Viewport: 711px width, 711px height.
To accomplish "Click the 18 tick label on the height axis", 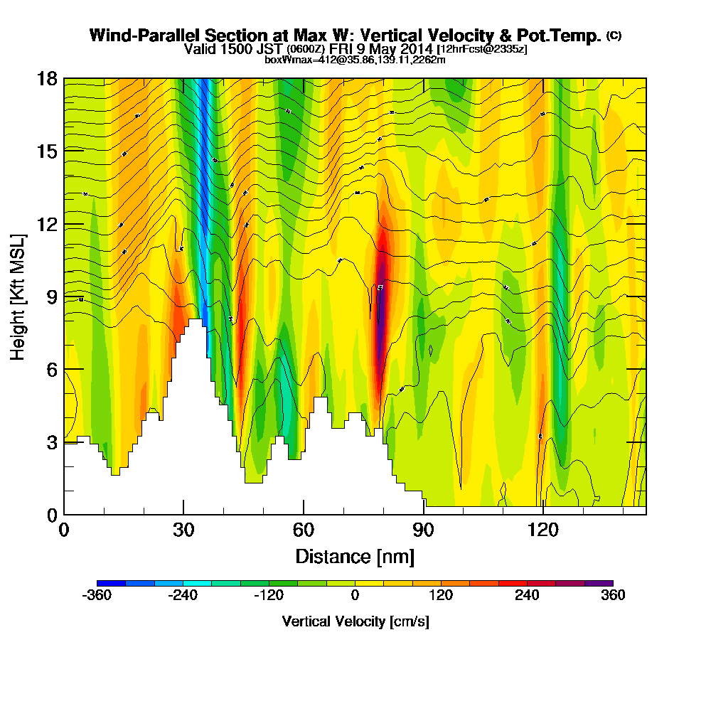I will point(46,78).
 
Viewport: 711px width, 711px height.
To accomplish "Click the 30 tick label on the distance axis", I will point(183,530).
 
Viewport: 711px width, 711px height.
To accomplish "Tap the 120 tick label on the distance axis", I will point(543,530).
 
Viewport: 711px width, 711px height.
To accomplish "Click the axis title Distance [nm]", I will point(355,555).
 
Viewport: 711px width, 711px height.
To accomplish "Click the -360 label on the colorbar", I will point(97,596).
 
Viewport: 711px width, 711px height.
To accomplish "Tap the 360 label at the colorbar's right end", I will point(613,596).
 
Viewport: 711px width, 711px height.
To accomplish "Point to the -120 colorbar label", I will point(269,596).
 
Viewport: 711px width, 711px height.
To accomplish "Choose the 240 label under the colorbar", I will point(527,596).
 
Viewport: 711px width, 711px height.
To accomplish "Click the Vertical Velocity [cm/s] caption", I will point(355,621).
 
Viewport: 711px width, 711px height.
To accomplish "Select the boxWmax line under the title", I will point(355,60).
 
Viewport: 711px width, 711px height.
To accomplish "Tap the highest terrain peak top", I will point(193,321).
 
